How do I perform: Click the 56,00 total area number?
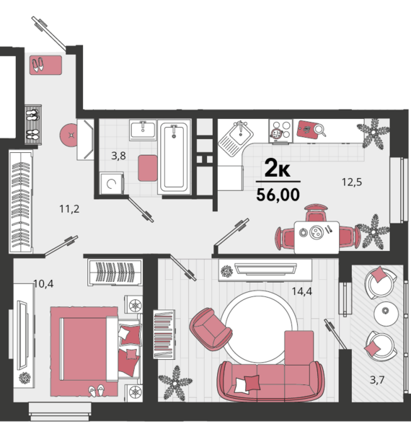[x=278, y=195]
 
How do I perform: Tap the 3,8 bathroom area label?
[x=118, y=156]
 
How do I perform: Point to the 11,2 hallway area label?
[x=69, y=209]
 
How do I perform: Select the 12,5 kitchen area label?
[x=352, y=182]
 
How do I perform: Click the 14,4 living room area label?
[x=301, y=291]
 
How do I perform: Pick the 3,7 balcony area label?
[x=377, y=380]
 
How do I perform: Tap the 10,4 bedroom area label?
[x=43, y=283]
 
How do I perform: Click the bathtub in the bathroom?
[x=174, y=157]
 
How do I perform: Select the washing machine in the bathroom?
[x=112, y=184]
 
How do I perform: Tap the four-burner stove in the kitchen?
[x=280, y=131]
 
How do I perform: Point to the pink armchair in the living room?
[x=211, y=328]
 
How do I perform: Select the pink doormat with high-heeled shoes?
[x=45, y=65]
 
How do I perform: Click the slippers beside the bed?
[x=97, y=391]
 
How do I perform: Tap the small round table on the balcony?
[x=386, y=314]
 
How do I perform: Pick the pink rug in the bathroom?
[x=148, y=168]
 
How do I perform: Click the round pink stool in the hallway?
[x=68, y=136]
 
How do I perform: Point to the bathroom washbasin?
[x=143, y=130]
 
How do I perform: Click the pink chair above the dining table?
[x=316, y=213]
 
